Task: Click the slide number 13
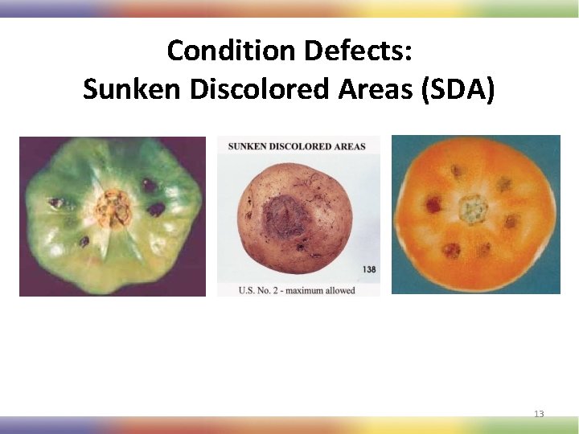[x=539, y=414]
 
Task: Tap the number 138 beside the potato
[x=367, y=269]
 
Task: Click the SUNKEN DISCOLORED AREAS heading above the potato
[x=297, y=146]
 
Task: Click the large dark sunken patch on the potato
[x=282, y=214]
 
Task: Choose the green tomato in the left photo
[x=113, y=215]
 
